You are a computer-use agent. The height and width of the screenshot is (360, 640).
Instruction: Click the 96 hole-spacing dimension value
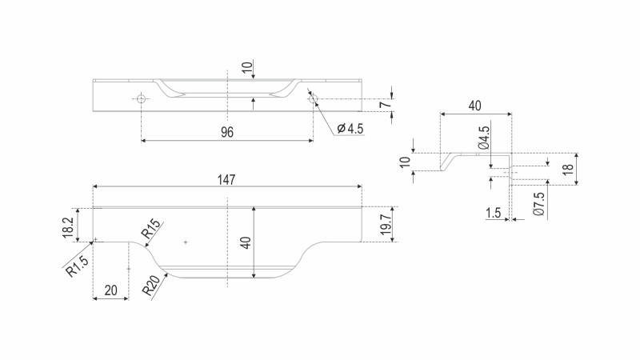coord(227,132)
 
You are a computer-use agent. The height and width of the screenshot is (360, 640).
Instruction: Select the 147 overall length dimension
coord(227,180)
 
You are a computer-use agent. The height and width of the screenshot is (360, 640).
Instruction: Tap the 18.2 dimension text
coord(70,225)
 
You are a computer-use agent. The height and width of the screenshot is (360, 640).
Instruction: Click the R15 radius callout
coord(152,232)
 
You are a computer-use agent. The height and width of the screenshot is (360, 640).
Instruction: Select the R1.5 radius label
coord(78,266)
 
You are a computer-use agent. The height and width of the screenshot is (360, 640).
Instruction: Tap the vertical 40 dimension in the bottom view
coord(246,242)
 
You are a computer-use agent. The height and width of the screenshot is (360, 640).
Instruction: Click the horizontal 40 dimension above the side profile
coord(475,106)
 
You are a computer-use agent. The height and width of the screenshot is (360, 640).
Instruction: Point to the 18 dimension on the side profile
coord(567,170)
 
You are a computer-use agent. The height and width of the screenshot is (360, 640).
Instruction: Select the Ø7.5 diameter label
coord(540,206)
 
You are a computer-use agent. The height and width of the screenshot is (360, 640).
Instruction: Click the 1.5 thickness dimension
coord(493,212)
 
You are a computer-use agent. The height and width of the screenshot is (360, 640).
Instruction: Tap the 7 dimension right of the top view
coord(384,105)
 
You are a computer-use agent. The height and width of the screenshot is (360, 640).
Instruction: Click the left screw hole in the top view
coord(141,99)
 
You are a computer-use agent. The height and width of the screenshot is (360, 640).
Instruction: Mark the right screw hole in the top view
coord(313,99)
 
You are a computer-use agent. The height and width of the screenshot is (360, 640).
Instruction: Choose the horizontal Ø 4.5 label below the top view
coord(350,128)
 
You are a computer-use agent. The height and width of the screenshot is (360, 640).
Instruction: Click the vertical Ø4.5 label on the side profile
coord(484,138)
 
